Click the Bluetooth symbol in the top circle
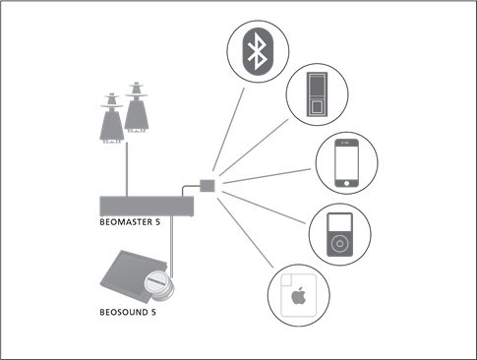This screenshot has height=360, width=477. (x=257, y=50)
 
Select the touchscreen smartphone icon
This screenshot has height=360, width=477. (x=346, y=161)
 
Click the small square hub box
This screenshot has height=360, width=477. (x=208, y=184)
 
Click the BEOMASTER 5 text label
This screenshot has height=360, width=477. (x=130, y=222)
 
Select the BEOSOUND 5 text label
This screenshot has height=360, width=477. (x=129, y=312)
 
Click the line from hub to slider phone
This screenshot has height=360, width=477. (x=250, y=149)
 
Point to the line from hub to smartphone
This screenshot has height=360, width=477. (x=266, y=174)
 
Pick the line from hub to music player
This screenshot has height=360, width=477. (x=270, y=209)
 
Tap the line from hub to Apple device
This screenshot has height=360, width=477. (x=245, y=231)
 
